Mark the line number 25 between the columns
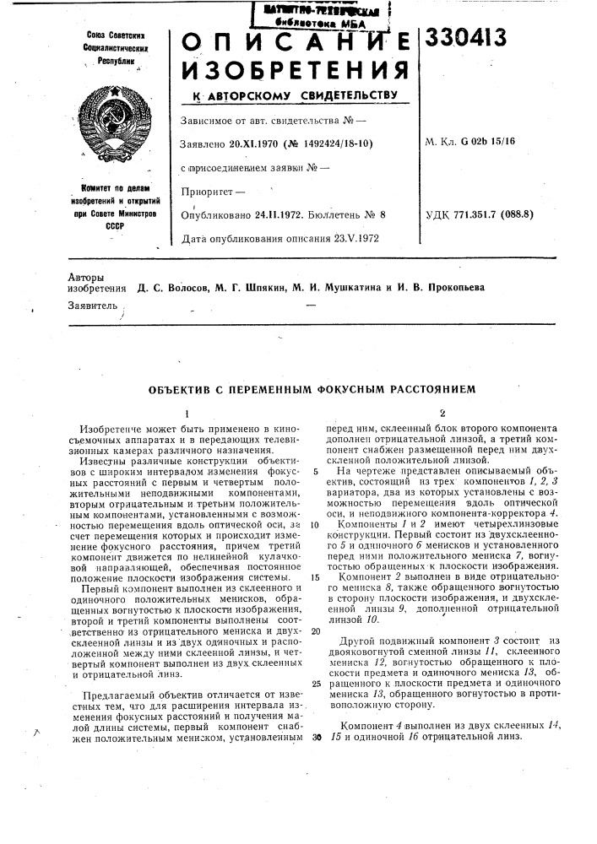(x=315, y=684)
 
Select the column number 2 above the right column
(x=442, y=414)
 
